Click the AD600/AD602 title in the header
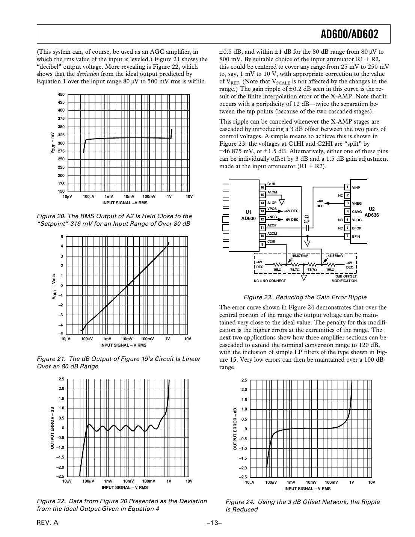[x=349, y=35]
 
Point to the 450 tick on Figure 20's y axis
[x=61, y=95]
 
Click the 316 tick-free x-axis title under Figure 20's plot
[x=125, y=203]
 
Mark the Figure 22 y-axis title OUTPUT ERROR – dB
[x=53, y=428]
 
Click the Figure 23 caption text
[x=305, y=297]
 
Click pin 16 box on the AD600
[x=263, y=187]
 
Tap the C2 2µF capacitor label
[x=306, y=219]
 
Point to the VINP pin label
[x=356, y=187]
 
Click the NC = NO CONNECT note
[x=270, y=281]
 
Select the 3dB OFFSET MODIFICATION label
[x=344, y=279]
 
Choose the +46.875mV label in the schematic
[x=335, y=256]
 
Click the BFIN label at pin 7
[x=356, y=237]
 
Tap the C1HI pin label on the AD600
[x=271, y=184]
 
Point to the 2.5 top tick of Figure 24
[x=244, y=380]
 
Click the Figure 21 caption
[x=118, y=362]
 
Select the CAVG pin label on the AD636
[x=357, y=212]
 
